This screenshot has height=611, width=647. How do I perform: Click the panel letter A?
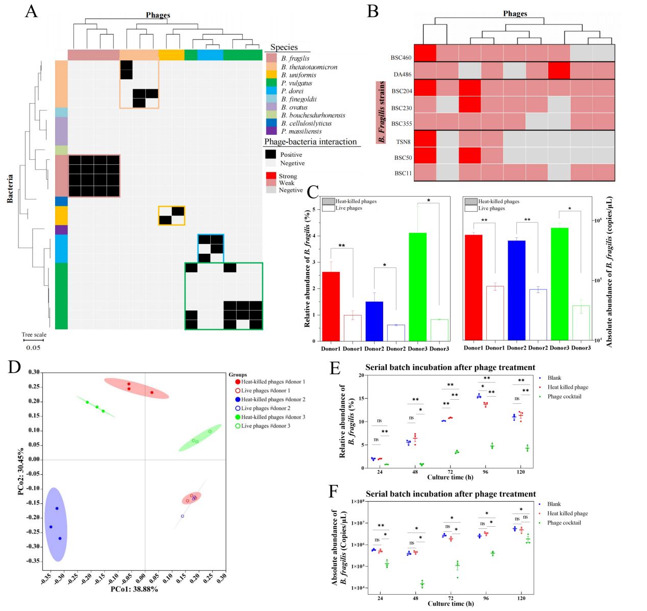31,11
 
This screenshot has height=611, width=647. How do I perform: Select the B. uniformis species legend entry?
298,75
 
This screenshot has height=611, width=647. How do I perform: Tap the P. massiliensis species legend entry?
301,131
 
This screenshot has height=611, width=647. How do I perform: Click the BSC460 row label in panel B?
401,58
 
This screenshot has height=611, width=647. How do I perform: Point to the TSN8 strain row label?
403,142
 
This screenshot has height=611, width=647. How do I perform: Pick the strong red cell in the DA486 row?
559,70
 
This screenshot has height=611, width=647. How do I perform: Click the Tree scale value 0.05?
33,348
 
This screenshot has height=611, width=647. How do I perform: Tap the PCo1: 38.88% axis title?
134,589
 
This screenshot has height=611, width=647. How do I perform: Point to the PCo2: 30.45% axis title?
20,472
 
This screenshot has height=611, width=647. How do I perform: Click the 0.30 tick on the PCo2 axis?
34,372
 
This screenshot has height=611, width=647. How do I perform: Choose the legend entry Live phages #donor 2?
265,408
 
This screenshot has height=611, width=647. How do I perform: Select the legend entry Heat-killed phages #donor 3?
272,417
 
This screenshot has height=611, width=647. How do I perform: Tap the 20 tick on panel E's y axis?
361,375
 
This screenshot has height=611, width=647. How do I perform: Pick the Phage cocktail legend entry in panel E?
564,397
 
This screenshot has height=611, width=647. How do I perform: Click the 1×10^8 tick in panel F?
358,501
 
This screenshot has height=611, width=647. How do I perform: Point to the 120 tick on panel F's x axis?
521,598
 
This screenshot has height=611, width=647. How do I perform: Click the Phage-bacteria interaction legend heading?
310,142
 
